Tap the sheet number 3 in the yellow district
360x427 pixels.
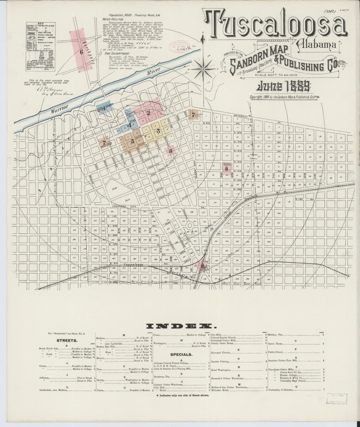coord(158,131)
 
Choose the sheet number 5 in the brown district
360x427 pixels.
coord(132,141)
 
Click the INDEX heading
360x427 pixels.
coord(179,326)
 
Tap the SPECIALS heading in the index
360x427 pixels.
coord(181,354)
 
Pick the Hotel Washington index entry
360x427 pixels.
coord(221,370)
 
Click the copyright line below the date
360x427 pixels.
coord(284,96)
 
